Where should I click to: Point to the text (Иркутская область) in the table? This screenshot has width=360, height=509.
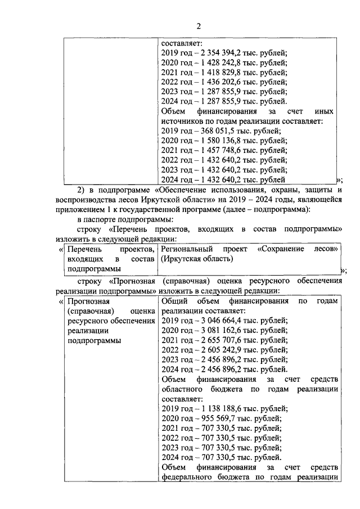(196, 259)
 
